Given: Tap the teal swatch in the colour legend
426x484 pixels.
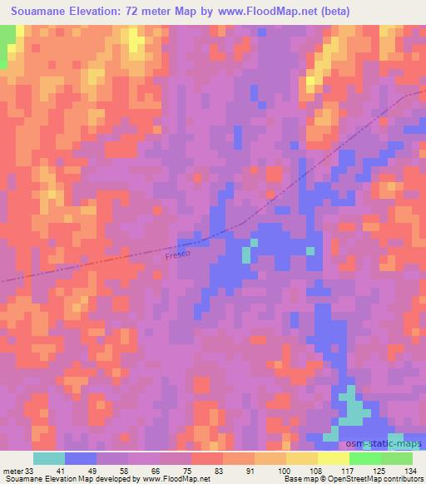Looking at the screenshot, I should (x=49, y=458).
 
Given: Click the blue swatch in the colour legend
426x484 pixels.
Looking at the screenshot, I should (x=81, y=458).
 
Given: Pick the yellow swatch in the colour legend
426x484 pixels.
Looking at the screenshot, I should (x=302, y=458).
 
